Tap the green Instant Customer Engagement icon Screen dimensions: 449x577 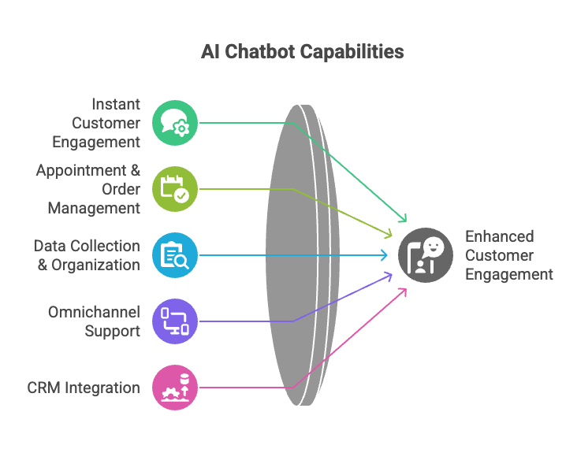point(175,123)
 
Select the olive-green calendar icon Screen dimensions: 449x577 point(175,189)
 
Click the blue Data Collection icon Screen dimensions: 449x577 point(175,255)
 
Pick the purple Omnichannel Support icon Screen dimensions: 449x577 point(175,321)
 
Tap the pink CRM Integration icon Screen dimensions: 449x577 point(175,388)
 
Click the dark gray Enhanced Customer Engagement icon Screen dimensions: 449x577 point(426,255)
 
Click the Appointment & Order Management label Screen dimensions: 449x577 point(88,189)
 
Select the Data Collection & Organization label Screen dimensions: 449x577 point(87,255)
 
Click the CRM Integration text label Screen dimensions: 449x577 point(84,388)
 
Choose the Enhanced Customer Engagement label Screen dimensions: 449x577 point(508,255)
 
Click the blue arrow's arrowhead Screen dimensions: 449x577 point(385,255)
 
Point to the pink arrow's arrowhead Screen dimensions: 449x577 point(404,289)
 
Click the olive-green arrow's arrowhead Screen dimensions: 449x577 point(389,234)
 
